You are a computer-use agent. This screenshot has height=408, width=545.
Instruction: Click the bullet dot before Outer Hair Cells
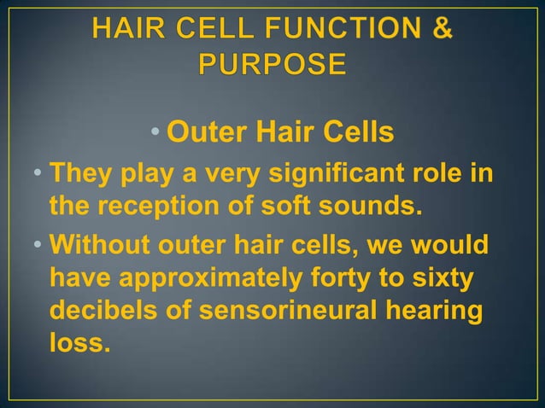(155, 134)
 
